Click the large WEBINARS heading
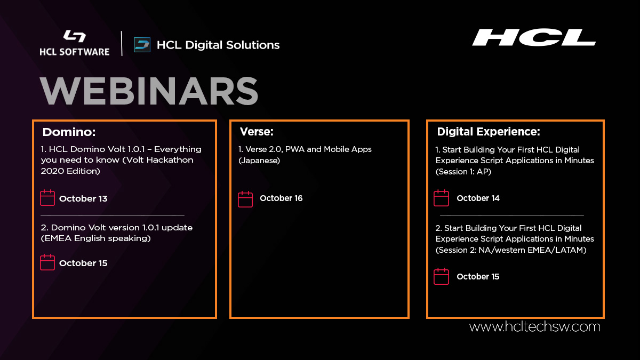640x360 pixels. point(149,92)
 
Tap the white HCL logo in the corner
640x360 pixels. point(533,38)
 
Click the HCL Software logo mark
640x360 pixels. point(74,36)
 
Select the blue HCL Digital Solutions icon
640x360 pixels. point(142,45)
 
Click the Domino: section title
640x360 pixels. point(69,132)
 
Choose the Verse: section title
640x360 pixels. point(256,132)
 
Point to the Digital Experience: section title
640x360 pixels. point(489,132)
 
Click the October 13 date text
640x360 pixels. point(83,198)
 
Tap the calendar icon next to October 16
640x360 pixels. point(245,198)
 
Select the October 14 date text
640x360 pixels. point(478,198)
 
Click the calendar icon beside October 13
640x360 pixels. point(47,198)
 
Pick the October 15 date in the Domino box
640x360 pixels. point(83,263)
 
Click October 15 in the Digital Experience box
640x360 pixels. point(478,276)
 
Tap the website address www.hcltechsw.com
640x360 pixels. point(534,326)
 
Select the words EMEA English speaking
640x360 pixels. point(95,238)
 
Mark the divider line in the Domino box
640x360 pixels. point(112,215)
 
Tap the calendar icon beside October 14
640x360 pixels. point(441,198)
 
